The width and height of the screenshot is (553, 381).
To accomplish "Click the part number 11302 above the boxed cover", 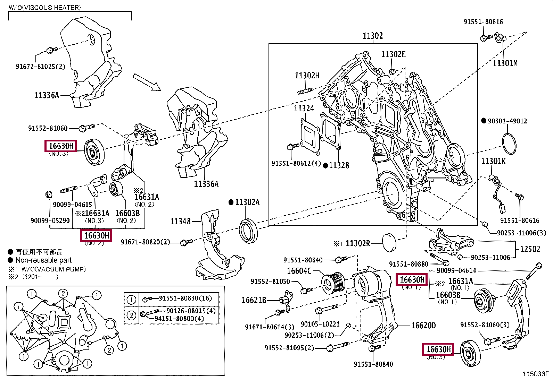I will pyautogui.click(x=373, y=36).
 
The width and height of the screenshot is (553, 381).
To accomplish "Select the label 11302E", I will pyautogui.click(x=393, y=54).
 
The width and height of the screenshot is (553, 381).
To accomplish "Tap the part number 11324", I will pyautogui.click(x=304, y=109).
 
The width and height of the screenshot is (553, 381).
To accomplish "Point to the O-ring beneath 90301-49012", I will pyautogui.click(x=509, y=142).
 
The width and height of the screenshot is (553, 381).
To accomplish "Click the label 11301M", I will pyautogui.click(x=505, y=63).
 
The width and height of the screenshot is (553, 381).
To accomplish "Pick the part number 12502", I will pyautogui.click(x=530, y=249).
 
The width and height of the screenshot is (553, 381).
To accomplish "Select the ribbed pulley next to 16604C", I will pyautogui.click(x=333, y=283).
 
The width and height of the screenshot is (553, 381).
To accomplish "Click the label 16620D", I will pyautogui.click(x=423, y=326).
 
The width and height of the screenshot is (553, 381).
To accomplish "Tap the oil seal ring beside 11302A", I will pyautogui.click(x=248, y=231).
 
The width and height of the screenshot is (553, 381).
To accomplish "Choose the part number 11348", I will pyautogui.click(x=180, y=221).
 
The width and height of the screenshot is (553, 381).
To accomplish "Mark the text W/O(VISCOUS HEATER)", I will pyautogui.click(x=44, y=7).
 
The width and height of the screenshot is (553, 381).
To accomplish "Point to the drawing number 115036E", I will pyautogui.click(x=536, y=374).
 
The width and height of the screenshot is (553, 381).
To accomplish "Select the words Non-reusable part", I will pyautogui.click(x=43, y=260).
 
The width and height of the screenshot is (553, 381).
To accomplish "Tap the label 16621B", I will pyautogui.click(x=254, y=300).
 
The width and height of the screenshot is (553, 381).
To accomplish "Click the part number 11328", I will pyautogui.click(x=339, y=165).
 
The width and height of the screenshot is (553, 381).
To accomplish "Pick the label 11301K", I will pyautogui.click(x=493, y=161).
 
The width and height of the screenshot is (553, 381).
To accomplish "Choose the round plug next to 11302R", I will pyautogui.click(x=389, y=243).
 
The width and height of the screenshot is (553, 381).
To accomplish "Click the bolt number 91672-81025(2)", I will pyautogui.click(x=40, y=66).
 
